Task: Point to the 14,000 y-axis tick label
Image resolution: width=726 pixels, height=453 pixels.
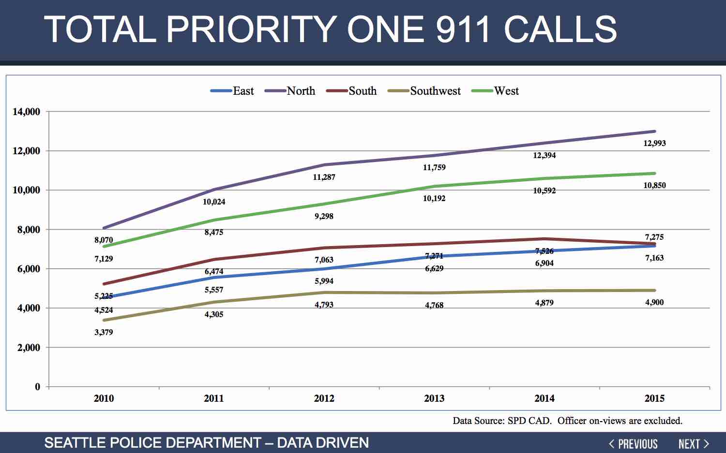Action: tap(26, 112)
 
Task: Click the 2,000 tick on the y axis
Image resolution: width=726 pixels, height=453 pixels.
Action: tap(29, 348)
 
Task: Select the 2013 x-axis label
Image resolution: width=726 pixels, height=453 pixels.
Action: tap(434, 398)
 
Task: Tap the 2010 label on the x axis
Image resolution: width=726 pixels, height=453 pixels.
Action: tap(104, 398)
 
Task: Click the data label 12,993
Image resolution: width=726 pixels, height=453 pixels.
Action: tap(654, 143)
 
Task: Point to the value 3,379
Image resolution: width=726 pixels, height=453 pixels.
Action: tap(104, 332)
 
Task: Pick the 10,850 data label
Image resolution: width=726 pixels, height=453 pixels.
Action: tap(654, 185)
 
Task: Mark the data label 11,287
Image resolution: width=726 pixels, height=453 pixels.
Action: tap(324, 177)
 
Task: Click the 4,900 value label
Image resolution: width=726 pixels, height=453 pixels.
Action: tap(654, 302)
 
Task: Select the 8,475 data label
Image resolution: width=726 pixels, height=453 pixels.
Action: tap(213, 232)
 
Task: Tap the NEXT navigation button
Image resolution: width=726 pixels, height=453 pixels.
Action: tap(694, 444)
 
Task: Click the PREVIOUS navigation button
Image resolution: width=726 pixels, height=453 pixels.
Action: tap(633, 444)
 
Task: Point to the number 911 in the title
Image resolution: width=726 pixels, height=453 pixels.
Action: tap(464, 29)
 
